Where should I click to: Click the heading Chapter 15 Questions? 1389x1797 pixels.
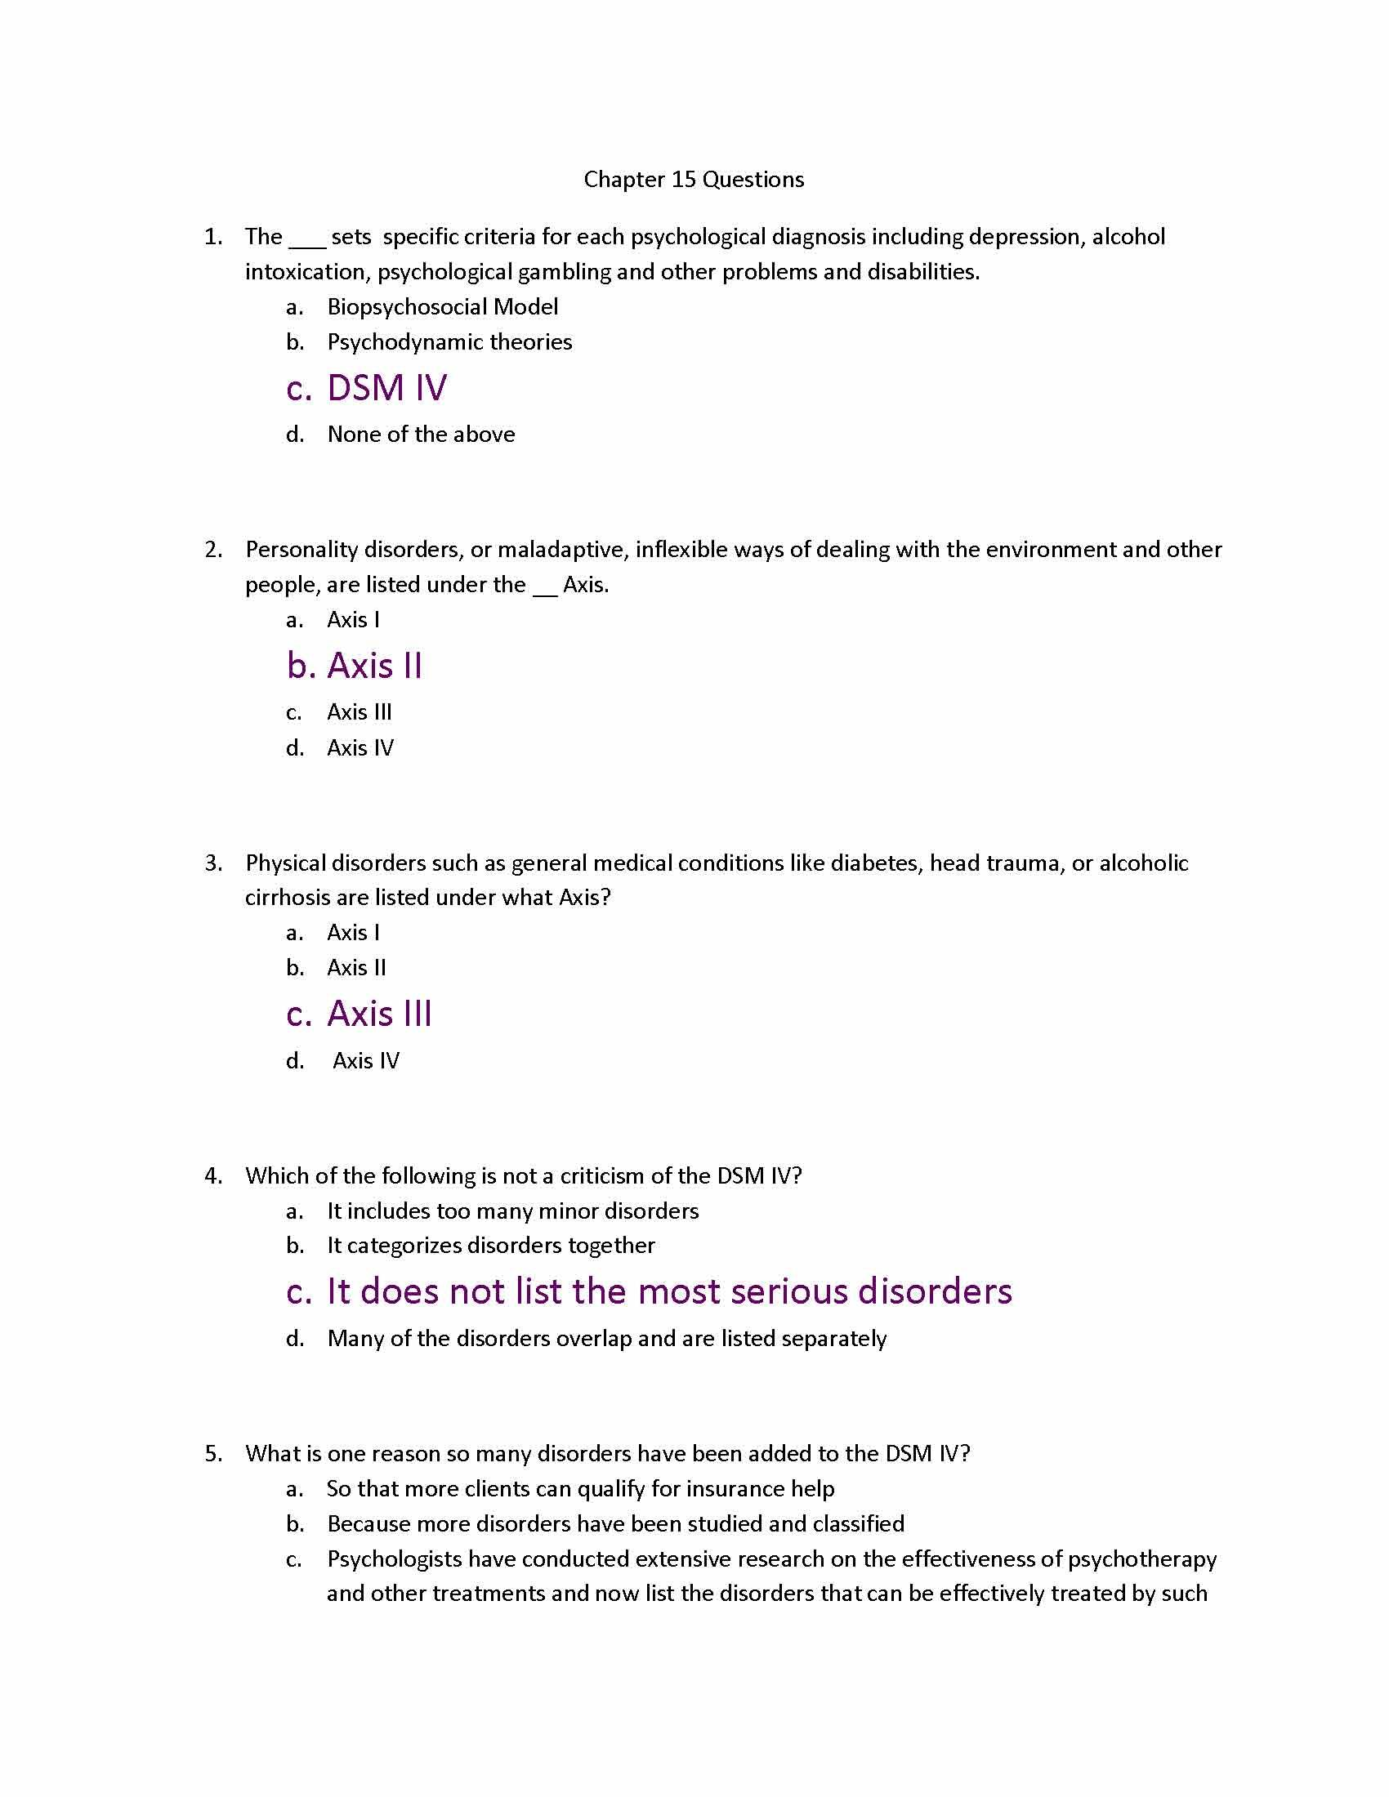click(694, 180)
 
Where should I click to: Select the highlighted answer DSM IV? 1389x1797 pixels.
click(386, 388)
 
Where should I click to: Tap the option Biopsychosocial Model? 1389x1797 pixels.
click(442, 307)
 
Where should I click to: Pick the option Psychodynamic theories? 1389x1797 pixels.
click(449, 342)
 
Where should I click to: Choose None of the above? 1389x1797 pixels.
click(421, 435)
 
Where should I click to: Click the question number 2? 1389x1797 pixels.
click(213, 550)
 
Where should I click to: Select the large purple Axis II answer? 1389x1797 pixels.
click(374, 666)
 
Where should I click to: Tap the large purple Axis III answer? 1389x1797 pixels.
click(379, 1014)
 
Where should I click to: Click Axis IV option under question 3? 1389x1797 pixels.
click(365, 1060)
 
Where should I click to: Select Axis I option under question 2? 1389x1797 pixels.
click(353, 620)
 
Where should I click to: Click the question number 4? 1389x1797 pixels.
click(213, 1175)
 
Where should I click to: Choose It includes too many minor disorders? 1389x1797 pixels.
click(512, 1211)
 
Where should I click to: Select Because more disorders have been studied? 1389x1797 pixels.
click(614, 1525)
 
